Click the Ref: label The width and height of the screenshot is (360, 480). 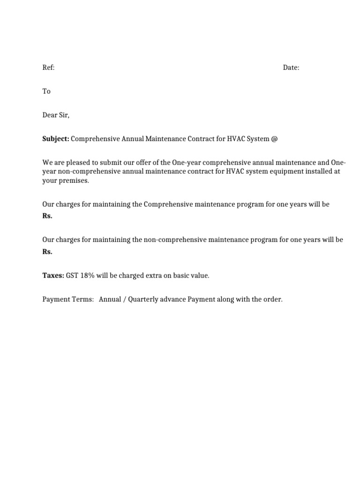click(x=49, y=68)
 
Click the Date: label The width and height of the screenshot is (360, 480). click(x=291, y=68)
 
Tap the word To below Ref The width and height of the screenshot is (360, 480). click(x=46, y=91)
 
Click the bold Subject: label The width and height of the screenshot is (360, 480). click(x=56, y=139)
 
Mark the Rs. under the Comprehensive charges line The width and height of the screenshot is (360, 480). click(x=47, y=216)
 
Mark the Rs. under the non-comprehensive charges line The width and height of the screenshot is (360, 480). click(x=47, y=252)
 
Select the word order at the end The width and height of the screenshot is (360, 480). click(x=273, y=300)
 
